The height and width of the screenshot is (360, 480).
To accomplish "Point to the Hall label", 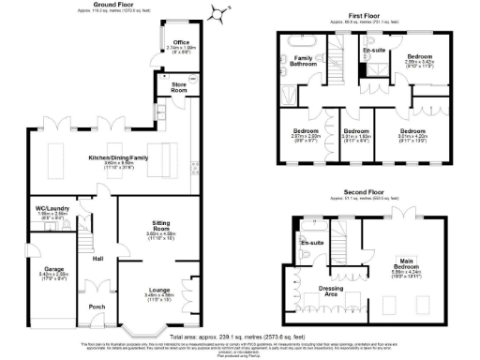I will [x=97, y=259].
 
